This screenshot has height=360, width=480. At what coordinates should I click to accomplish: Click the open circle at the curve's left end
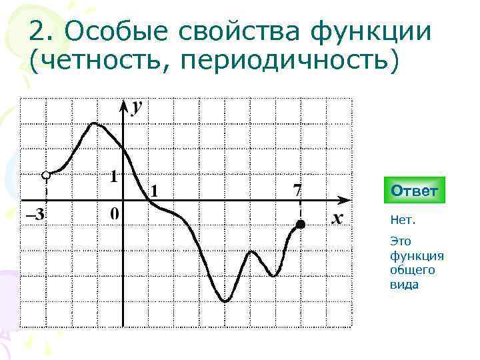tap(45, 175)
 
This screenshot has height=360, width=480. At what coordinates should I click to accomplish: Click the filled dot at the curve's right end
tap(301, 225)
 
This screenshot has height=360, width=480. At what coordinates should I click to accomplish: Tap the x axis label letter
tap(337, 218)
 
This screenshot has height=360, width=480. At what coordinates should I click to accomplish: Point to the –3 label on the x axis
tap(35, 215)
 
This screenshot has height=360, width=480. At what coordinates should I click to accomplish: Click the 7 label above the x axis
tap(297, 190)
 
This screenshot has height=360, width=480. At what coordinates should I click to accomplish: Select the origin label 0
tap(115, 214)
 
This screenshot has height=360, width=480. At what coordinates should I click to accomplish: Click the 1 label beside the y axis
tap(114, 177)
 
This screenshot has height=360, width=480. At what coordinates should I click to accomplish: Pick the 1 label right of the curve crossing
tap(155, 191)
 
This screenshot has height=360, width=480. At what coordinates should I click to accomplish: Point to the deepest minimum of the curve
tap(225, 301)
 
